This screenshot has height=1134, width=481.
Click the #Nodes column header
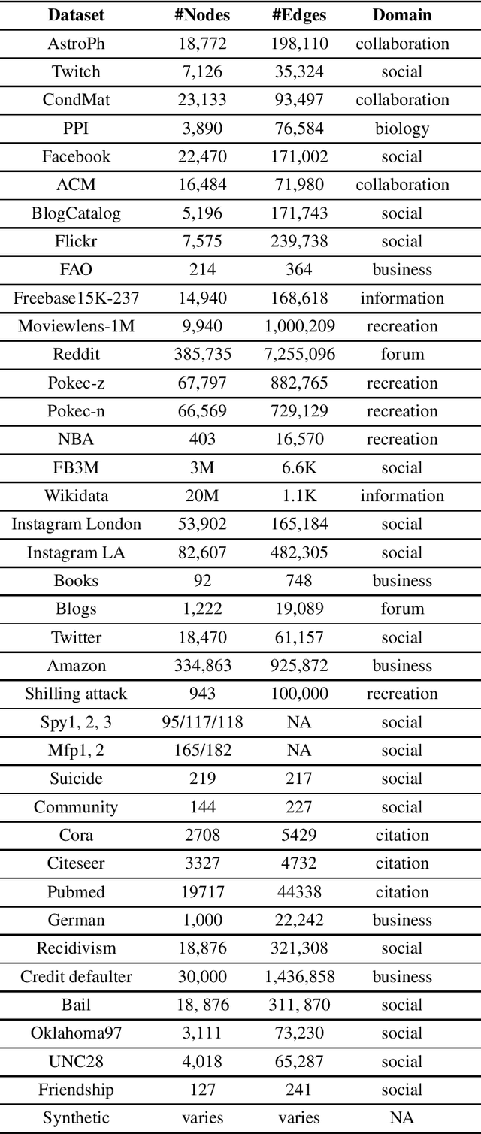202,15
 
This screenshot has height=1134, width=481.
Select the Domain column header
402,15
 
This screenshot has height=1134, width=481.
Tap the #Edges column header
299,15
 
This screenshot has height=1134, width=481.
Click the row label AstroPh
77,44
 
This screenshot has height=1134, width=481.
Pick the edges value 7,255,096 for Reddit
299,355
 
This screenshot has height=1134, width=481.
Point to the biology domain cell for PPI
402,129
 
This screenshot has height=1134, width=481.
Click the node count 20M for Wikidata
202,496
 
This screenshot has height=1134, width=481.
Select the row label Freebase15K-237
77,298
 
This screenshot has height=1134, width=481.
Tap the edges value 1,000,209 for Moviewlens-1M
299,326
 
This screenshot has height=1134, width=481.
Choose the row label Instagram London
77,525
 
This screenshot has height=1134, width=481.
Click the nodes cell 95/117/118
202,722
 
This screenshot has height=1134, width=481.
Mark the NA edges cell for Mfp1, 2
299,751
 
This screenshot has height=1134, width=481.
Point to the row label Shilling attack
77,694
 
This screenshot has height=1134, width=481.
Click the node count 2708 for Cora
202,836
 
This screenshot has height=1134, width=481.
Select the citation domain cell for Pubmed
402,892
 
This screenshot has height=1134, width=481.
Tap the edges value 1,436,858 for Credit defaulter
299,977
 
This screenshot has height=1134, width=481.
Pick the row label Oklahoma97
77,1033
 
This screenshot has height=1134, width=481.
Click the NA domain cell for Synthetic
402,1118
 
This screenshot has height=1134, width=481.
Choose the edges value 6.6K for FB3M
299,468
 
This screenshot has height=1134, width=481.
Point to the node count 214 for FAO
202,270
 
